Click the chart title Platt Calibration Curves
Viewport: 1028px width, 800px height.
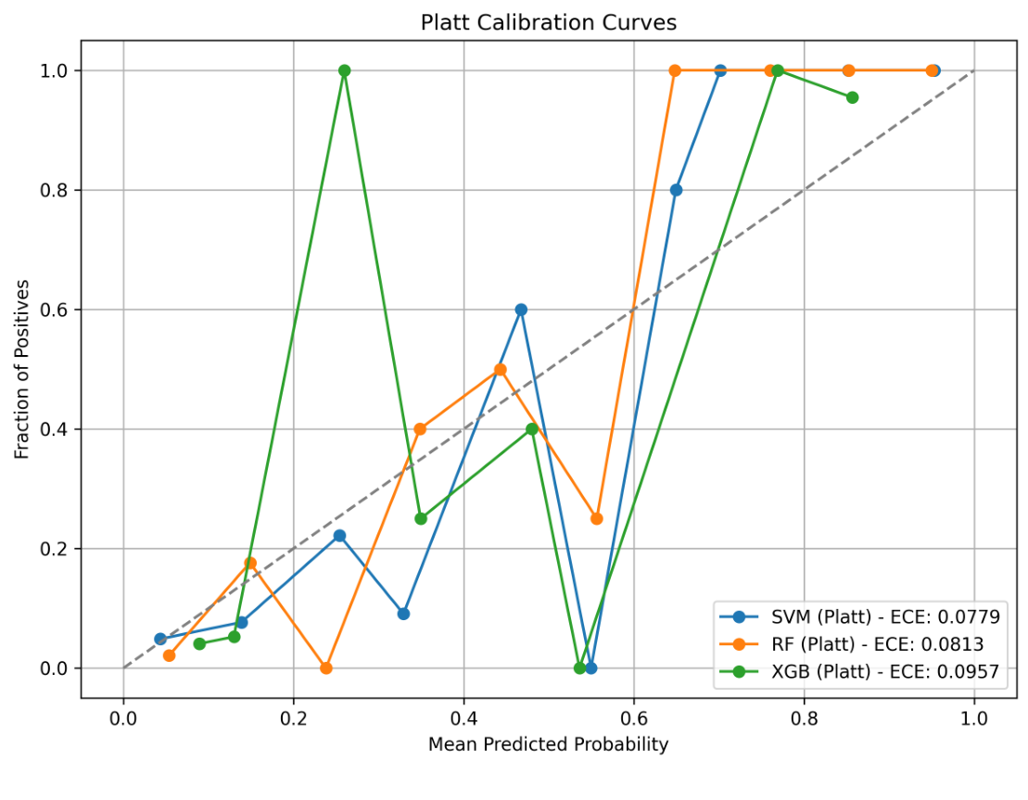[x=549, y=22]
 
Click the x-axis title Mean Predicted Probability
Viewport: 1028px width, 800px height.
[x=548, y=744]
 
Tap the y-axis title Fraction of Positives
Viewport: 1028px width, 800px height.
[x=22, y=369]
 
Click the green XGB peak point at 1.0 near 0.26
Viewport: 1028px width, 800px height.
[x=345, y=70]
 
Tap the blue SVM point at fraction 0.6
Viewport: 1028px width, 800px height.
[x=521, y=310]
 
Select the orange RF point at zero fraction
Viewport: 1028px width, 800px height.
[x=326, y=667]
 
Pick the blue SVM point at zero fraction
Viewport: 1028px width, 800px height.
[x=591, y=667]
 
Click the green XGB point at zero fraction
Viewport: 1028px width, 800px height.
[x=580, y=667]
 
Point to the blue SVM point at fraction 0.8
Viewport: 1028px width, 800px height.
[x=677, y=190]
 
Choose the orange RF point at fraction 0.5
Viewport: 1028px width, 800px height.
[x=501, y=369]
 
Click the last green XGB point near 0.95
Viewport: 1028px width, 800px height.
[x=853, y=97]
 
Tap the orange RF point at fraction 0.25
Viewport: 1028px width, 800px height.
[x=597, y=518]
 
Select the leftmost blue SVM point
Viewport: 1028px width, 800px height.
[x=160, y=639]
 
